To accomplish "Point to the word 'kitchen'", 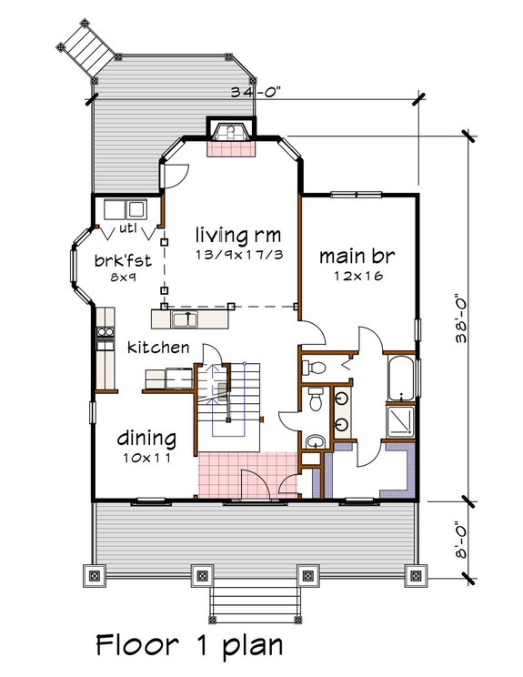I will click(x=158, y=348).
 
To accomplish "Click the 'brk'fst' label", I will click(x=115, y=261).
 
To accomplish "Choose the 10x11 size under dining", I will click(x=146, y=459).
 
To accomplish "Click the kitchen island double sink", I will click(x=186, y=318).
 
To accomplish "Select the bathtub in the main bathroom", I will click(x=401, y=378).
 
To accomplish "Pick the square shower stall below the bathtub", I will click(x=401, y=419).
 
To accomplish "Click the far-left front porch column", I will click(x=96, y=574).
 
